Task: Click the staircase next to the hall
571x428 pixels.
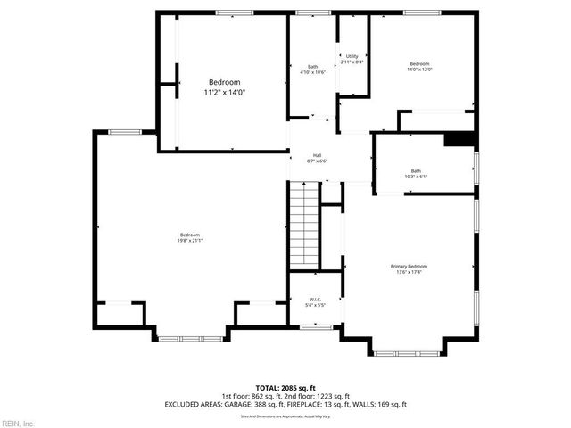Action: (303, 225)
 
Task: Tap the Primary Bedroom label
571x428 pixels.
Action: (409, 267)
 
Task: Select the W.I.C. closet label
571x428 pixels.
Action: (315, 299)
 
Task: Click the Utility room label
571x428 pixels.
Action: (352, 56)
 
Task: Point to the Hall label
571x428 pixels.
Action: (317, 155)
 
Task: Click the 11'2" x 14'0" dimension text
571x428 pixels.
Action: (224, 92)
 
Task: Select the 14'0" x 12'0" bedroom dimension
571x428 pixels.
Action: (420, 70)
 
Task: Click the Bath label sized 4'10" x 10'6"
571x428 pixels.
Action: (313, 66)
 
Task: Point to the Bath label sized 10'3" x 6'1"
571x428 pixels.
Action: (416, 170)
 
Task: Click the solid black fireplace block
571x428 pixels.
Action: (459, 138)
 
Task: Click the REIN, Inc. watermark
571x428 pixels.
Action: (19, 422)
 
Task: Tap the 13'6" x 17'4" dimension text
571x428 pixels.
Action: (409, 273)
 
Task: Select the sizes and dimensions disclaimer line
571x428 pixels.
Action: (285, 416)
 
